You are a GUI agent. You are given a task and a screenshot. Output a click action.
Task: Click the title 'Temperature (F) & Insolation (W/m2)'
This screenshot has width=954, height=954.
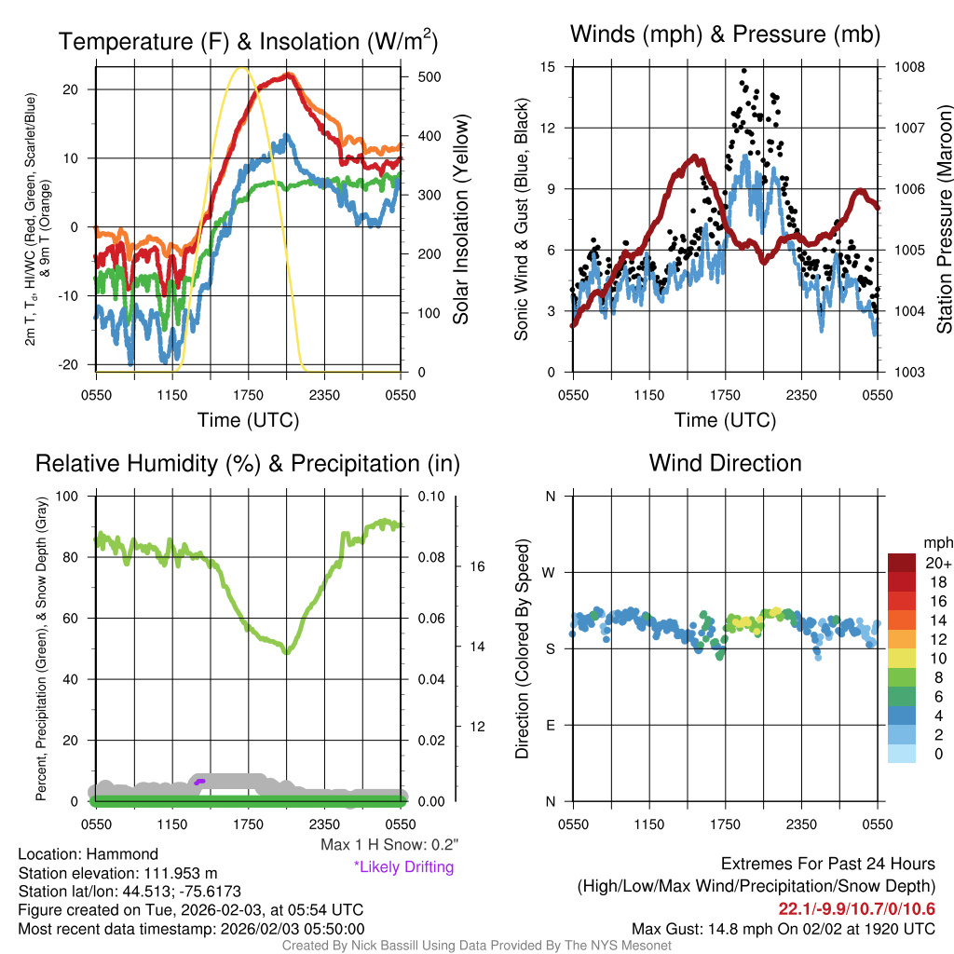coord(248,42)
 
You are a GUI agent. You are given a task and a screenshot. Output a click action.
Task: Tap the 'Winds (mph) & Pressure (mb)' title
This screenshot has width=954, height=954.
coord(725,34)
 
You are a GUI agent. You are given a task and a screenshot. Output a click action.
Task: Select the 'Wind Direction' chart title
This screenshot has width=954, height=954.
coord(725,463)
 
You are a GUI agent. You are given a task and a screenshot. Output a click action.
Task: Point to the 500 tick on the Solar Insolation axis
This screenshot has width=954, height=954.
coord(420,76)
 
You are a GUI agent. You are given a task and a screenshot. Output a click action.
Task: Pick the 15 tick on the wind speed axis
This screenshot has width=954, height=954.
coord(548,67)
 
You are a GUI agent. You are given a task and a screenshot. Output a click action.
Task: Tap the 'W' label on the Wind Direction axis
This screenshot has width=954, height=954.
coord(549,572)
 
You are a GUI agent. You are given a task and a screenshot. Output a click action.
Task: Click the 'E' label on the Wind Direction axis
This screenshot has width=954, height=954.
coord(550,725)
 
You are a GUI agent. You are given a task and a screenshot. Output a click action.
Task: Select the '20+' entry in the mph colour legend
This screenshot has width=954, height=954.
coord(936,563)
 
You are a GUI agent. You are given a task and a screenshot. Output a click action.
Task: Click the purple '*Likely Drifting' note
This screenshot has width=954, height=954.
coord(403,867)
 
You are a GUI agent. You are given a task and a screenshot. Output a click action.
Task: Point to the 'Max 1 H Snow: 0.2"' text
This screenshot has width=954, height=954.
coord(389,845)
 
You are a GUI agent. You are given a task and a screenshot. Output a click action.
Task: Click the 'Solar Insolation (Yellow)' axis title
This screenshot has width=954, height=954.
coord(460,220)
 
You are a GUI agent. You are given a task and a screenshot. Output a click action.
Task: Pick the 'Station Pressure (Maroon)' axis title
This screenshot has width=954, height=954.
coord(943,220)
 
